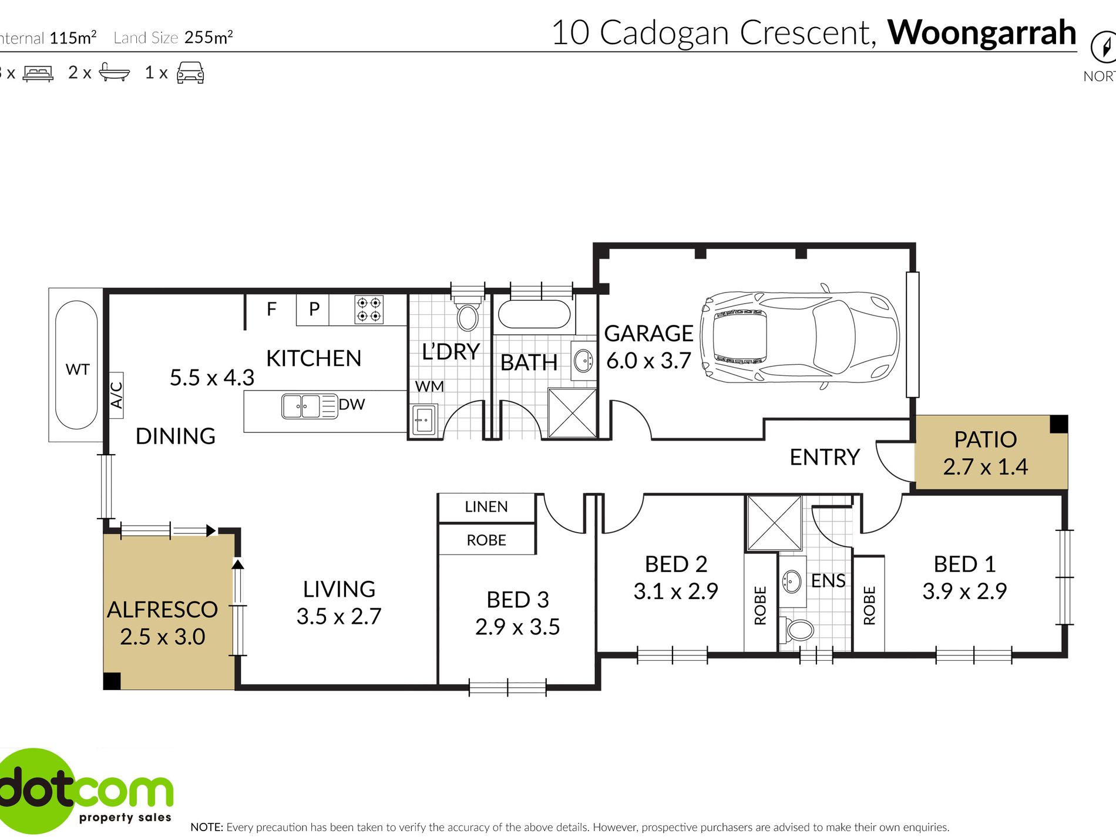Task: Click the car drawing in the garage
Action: [x=800, y=338]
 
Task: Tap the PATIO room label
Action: [x=985, y=439]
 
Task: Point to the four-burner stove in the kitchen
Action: [x=369, y=310]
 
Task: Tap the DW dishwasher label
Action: [x=352, y=404]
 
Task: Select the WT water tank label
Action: [x=78, y=369]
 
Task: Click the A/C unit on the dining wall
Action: [x=116, y=395]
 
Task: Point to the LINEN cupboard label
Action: [x=486, y=507]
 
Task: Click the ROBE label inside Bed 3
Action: [x=486, y=540]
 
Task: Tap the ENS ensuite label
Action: [x=828, y=580]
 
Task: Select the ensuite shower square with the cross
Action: [x=774, y=523]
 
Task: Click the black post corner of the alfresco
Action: [x=112, y=681]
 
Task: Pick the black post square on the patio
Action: [x=1058, y=423]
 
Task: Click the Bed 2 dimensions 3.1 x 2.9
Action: [x=675, y=591]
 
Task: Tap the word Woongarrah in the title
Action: [x=981, y=32]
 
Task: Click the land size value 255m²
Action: [x=209, y=38]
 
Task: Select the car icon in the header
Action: [x=190, y=73]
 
